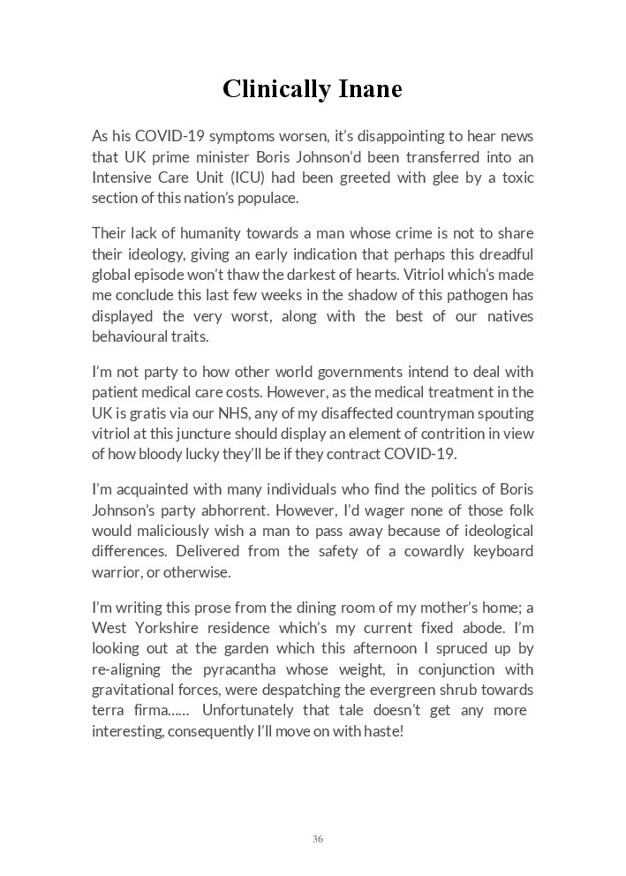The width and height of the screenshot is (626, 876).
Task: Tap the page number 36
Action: pos(317,839)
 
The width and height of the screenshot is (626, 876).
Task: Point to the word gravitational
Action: pos(131,690)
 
